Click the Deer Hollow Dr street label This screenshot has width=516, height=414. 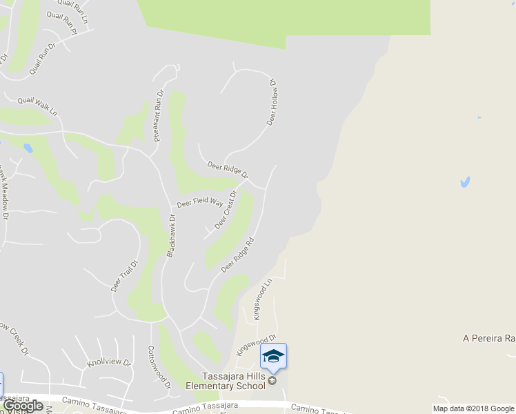coord(272,102)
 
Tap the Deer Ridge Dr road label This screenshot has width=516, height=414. coord(228,169)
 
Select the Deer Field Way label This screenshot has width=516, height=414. coord(200,202)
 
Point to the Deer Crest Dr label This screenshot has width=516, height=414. coord(226,210)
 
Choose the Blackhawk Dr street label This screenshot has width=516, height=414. coord(170,236)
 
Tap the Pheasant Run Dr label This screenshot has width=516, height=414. coord(158,115)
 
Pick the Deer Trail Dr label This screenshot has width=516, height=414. coord(125,275)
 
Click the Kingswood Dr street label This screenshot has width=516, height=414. coord(256,345)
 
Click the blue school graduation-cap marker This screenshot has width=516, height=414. coord(273,356)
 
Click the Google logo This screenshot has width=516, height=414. coord(23,406)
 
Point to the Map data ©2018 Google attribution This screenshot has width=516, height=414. coord(473,408)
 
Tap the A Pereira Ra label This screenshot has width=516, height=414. coord(489,339)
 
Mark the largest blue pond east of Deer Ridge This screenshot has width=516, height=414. coord(465,182)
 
